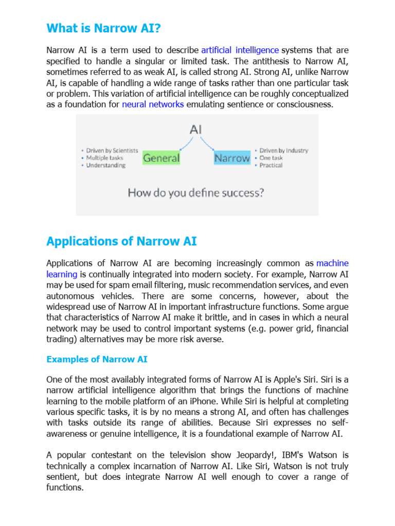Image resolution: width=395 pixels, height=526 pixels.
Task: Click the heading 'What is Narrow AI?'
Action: click(103, 29)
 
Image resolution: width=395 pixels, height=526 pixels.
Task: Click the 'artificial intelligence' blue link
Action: click(240, 50)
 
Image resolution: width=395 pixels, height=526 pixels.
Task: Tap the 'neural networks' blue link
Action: click(153, 105)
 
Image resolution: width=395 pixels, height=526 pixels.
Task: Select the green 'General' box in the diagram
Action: click(161, 158)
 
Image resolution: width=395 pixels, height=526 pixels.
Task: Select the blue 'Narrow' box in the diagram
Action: click(232, 158)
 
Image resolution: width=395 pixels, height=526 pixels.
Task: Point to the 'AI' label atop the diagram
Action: click(196, 129)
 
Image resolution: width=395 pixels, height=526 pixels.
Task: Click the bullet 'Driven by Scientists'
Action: click(112, 151)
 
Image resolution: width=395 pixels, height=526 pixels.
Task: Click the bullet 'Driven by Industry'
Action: click(283, 151)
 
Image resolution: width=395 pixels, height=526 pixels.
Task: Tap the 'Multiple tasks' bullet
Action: click(104, 158)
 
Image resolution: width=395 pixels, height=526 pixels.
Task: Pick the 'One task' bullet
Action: click(271, 158)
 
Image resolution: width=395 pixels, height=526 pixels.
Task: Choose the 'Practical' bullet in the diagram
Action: click(271, 165)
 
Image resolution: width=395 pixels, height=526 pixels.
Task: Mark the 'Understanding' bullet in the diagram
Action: click(105, 165)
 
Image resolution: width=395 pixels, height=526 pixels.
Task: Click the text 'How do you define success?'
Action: click(195, 193)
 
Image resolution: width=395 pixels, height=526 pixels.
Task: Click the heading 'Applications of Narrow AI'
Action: click(121, 241)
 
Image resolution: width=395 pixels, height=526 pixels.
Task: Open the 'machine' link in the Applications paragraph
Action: click(332, 264)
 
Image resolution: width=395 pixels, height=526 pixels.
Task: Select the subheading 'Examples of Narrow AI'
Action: click(97, 360)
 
